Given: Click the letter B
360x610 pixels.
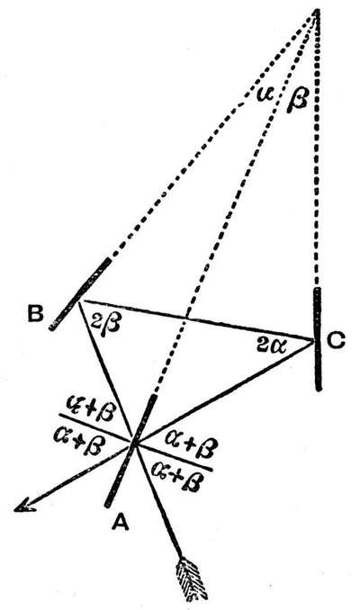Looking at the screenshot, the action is coord(35,314).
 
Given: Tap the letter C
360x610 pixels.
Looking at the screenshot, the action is coord(336,341).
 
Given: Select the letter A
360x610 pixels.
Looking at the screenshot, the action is coord(121,521).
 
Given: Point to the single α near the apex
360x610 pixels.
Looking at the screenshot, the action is coord(265,94).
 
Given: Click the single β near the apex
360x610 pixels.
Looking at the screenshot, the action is coord(298,100).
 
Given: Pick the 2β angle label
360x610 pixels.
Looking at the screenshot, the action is coord(105,323).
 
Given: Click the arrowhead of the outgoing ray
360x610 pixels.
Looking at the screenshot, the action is coord(24,505).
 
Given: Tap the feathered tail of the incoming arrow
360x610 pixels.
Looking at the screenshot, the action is coord(192,579).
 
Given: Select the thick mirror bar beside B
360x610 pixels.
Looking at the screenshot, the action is coord(80,294).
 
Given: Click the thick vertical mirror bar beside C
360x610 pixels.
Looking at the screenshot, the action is coord(318,339).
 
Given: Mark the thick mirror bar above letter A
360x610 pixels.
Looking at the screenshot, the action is coord(131,452).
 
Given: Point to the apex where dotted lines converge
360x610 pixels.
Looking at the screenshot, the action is coord(317,13).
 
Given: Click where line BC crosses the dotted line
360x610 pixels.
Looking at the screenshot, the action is coord(186,318).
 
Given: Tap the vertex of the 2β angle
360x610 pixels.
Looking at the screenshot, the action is coord(80,301).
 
